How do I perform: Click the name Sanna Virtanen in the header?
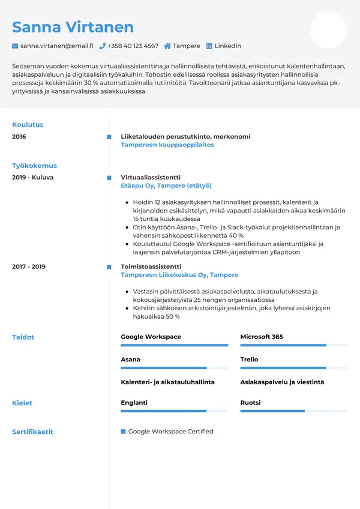[73, 27]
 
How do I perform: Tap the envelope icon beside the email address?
[15, 46]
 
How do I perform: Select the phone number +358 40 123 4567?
[133, 46]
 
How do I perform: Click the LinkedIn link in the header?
[227, 46]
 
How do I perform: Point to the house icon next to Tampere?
[167, 46]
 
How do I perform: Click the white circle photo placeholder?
[328, 30]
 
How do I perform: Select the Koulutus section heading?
[28, 125]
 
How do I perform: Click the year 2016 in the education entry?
[19, 137]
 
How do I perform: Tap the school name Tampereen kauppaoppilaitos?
[167, 145]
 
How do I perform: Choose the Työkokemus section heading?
[34, 166]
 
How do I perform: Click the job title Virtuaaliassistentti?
[150, 178]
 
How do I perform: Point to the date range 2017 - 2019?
[29, 267]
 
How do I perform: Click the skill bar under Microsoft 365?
[294, 345]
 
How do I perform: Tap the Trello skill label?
[249, 360]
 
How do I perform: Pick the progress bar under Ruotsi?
[294, 411]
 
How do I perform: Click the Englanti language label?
[134, 403]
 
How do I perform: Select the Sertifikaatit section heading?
[32, 432]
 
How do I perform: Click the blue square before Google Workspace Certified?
[123, 432]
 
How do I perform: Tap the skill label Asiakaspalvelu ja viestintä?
[282, 382]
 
